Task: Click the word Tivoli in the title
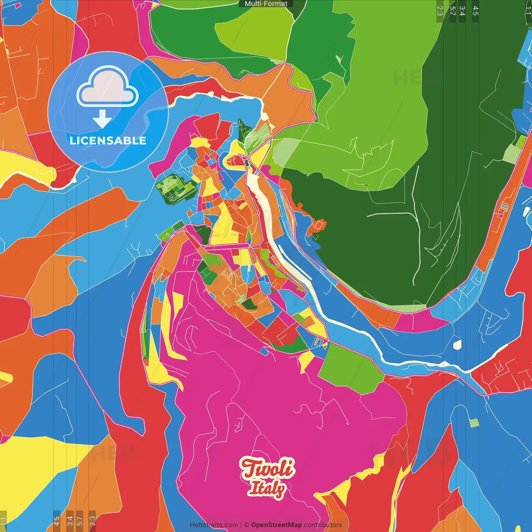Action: [268, 469]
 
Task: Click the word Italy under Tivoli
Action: [266, 489]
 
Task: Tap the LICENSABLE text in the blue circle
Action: [108, 140]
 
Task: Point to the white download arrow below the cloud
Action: [102, 119]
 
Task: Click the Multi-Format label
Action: [266, 4]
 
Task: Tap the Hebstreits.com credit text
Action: [214, 525]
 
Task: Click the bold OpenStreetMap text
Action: [276, 525]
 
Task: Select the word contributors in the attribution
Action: [323, 525]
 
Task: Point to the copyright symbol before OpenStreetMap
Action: [246, 525]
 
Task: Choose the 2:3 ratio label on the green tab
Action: [440, 11]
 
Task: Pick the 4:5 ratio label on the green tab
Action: [475, 11]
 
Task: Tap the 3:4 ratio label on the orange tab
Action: [70, 520]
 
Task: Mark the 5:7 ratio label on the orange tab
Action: [80, 520]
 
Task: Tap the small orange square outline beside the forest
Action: [319, 225]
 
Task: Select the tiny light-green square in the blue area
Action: [474, 423]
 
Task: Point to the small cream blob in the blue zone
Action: [457, 345]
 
